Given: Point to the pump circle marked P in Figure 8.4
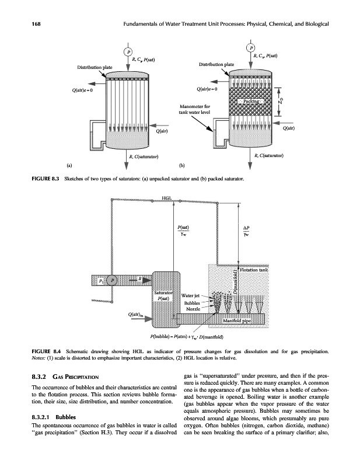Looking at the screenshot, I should point(114,280).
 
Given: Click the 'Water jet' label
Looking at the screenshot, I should point(191,295).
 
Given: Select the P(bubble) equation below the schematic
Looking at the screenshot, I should point(183,336).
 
